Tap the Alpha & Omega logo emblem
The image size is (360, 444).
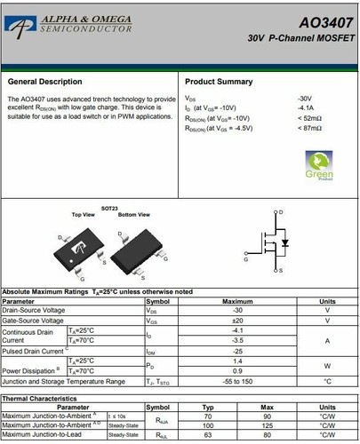pos(18,27)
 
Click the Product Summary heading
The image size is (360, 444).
pos(218,81)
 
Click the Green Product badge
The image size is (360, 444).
pos(319,165)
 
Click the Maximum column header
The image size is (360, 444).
pos(237,301)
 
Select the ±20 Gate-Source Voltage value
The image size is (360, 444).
pos(237,320)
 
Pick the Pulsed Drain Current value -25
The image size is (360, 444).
pos(237,350)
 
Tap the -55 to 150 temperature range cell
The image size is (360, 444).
pos(237,380)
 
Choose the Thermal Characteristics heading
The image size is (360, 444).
pos(40,399)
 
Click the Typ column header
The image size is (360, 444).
pos(208,408)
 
